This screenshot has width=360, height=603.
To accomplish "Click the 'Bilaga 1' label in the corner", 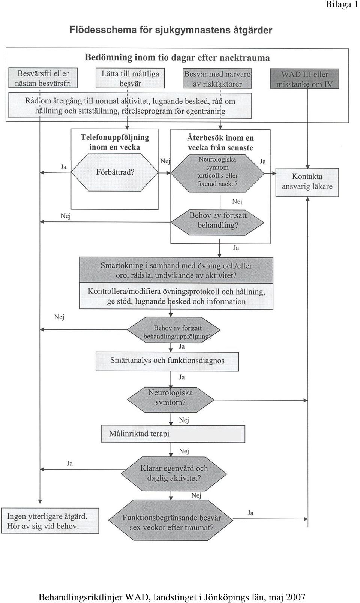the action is click(x=342, y=4).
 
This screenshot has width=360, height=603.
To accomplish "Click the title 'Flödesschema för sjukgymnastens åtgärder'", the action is click(x=171, y=30).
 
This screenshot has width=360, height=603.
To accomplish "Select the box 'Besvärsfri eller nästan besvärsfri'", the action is click(x=43, y=78).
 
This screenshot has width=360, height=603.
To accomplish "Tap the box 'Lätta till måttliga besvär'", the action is click(x=130, y=78).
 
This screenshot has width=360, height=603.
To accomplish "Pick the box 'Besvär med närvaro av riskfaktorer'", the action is click(x=217, y=79).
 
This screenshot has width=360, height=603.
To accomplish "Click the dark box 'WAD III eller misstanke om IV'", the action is click(x=304, y=79).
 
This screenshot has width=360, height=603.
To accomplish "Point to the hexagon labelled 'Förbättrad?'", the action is click(x=115, y=172).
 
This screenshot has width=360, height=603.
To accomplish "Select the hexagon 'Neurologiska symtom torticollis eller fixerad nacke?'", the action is click(x=217, y=174).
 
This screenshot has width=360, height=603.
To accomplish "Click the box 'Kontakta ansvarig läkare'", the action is click(x=307, y=182).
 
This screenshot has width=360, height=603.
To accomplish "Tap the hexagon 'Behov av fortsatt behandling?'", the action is click(x=217, y=222).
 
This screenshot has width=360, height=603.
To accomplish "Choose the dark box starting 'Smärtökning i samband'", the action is click(x=176, y=270).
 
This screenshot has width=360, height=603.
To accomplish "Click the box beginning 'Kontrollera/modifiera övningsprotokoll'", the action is click(x=176, y=296).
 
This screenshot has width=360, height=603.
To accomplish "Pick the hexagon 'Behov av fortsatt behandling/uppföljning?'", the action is click(x=174, y=330).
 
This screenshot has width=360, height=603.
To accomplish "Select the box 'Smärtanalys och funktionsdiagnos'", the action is click(x=167, y=362).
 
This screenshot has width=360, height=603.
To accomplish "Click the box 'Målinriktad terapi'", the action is click(x=173, y=434).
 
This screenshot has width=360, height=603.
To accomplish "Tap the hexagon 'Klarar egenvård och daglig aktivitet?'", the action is click(x=174, y=473).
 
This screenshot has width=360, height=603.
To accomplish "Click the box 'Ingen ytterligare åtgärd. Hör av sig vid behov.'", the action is click(x=50, y=521).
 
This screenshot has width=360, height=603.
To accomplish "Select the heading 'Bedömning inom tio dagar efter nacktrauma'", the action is click(x=177, y=58).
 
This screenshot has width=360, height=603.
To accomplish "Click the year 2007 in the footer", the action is click(x=295, y=597).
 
